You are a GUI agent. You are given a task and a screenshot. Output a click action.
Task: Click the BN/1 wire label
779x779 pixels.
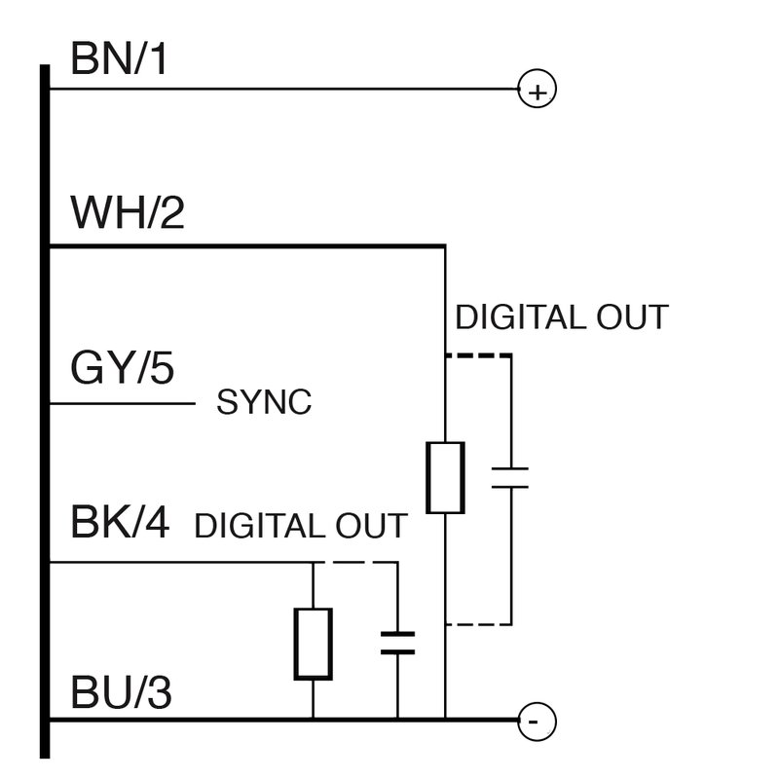coord(119,61)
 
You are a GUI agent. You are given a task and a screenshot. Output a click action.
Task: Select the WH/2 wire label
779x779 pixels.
coord(127,213)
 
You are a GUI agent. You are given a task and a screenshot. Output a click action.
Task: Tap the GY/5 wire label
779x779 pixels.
coord(121,370)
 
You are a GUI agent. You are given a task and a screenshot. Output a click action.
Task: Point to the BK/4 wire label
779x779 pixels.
coord(120,523)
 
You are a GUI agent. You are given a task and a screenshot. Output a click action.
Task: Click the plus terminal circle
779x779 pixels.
coord(537,91)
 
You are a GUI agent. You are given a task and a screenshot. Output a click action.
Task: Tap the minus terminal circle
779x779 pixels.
coord(536,722)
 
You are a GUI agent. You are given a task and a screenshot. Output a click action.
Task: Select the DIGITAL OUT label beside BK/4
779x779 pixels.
coord(300,527)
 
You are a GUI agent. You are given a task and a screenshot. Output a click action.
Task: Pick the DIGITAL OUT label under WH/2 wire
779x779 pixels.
coord(562,317)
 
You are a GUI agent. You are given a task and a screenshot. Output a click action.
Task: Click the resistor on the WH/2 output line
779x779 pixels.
coord(445,477)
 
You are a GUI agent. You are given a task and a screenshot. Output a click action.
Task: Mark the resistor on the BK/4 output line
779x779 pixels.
coord(313,644)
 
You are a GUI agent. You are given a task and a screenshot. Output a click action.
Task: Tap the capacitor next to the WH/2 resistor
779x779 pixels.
coord(509,477)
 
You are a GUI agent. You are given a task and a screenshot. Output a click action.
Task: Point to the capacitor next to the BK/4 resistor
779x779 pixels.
coord(396,642)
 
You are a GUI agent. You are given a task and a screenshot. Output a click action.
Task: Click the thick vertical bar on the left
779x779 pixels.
coord(45,409)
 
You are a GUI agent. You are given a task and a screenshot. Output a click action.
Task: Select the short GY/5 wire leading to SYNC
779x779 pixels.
coord(122,403)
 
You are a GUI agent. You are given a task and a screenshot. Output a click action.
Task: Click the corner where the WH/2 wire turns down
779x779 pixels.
coord(445,246)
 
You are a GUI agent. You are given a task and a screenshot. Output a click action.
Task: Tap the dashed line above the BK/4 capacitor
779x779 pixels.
coord(356,562)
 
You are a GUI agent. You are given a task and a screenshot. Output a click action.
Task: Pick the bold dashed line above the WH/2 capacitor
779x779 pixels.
coord(478,356)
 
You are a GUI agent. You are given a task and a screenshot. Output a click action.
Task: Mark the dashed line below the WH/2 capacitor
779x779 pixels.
coord(478,623)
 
